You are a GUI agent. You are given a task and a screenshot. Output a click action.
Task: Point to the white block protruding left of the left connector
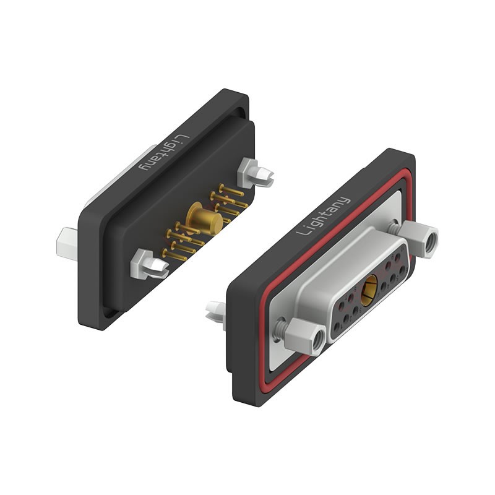(67, 242)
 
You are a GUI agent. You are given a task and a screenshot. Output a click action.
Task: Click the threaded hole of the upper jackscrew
(429, 242)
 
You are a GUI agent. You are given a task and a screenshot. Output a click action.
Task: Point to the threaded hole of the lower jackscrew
(317, 339)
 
